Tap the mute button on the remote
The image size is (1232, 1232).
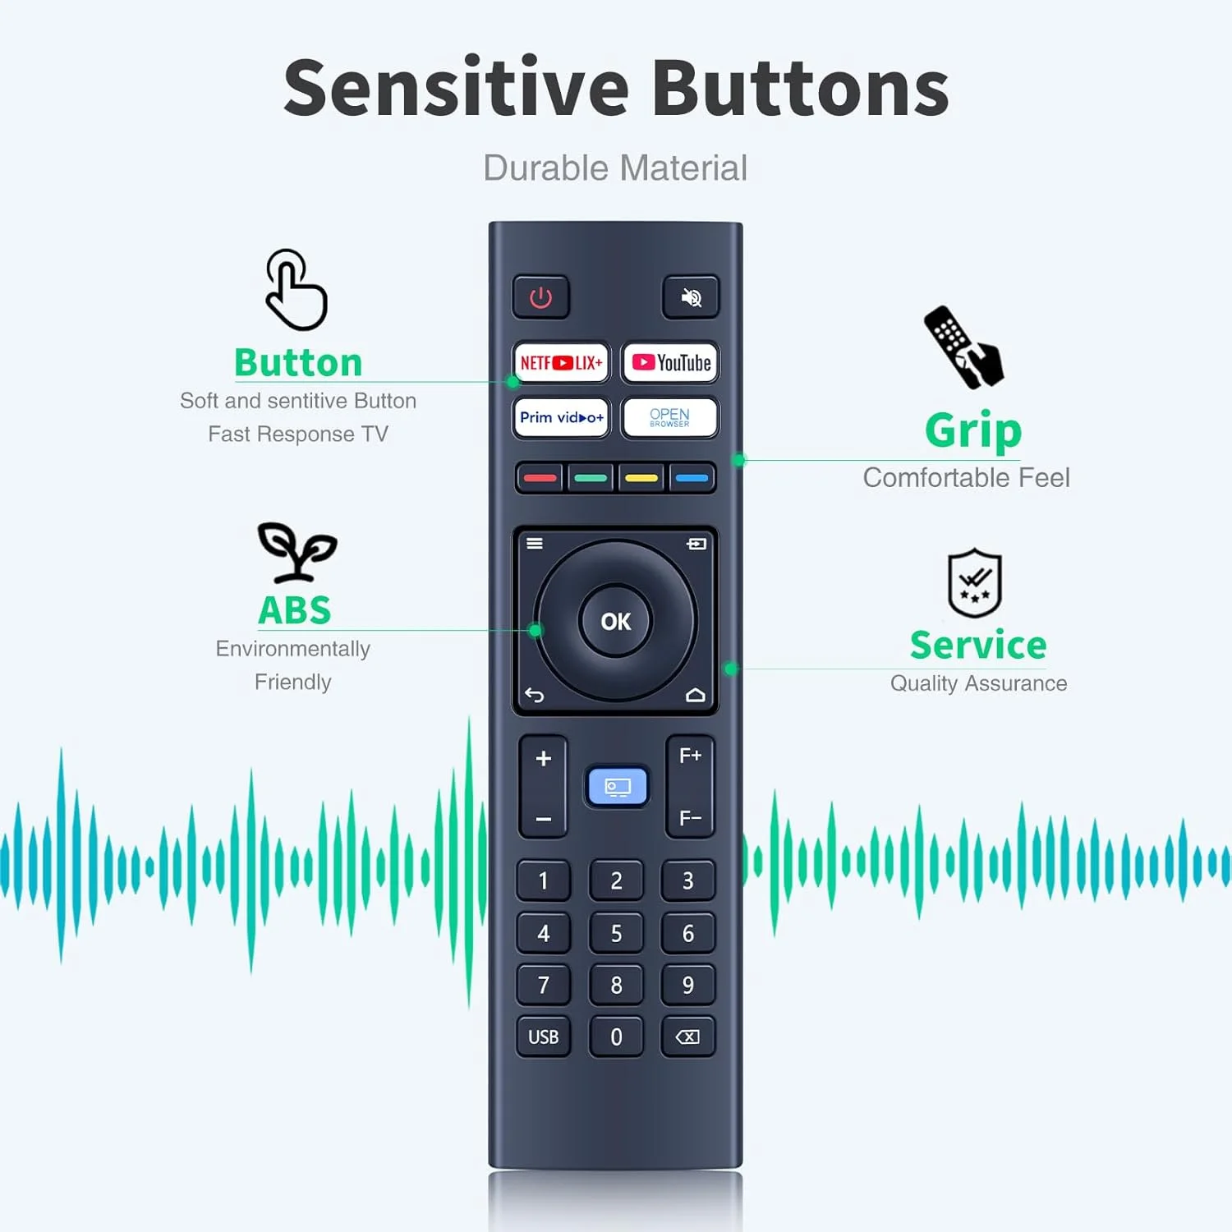point(691,297)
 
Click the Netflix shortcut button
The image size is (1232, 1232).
point(562,362)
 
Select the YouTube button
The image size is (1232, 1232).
point(671,362)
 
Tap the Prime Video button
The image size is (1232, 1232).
point(562,417)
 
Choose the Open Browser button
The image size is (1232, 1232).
point(670,417)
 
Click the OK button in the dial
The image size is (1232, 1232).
point(616,622)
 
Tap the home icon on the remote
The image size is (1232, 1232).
point(696,696)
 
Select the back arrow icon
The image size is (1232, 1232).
point(535,696)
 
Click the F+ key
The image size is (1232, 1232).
point(690,756)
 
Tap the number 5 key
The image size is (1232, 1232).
point(616,933)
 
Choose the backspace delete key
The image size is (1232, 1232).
point(688,1037)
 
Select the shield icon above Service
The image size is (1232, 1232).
point(975,583)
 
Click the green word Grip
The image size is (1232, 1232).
point(973,430)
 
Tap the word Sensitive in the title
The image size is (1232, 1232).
point(456,89)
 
